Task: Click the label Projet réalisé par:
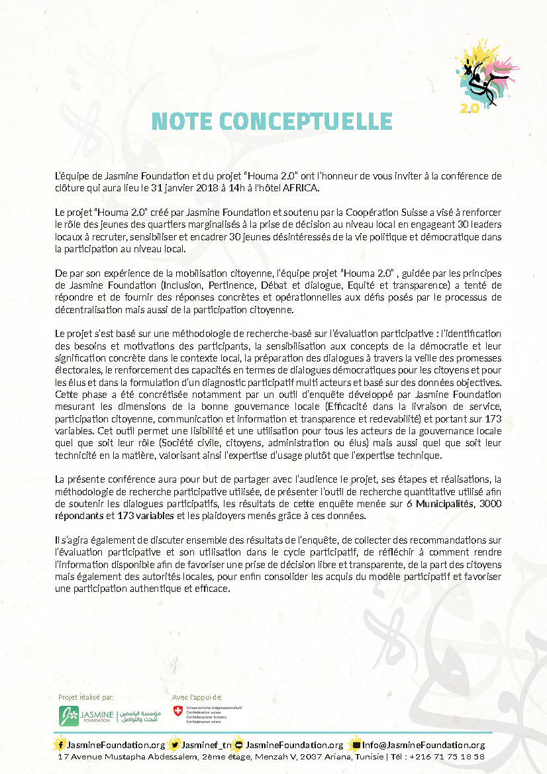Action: (x=86, y=697)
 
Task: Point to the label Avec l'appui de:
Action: (x=197, y=697)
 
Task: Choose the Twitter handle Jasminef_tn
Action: (x=207, y=745)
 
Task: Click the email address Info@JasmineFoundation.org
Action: (x=427, y=745)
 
